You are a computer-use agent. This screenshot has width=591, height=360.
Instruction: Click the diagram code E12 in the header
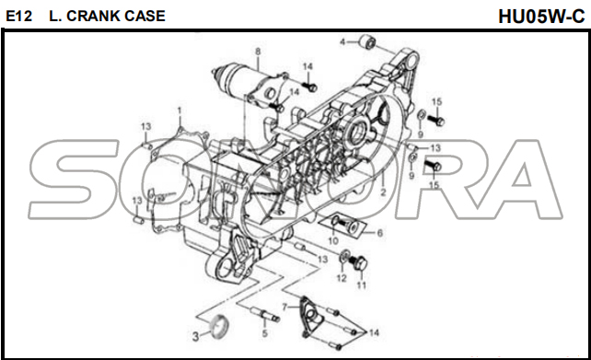point(18,16)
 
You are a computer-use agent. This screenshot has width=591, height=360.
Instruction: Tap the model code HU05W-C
point(541,17)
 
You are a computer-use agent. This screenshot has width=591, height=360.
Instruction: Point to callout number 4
point(342,41)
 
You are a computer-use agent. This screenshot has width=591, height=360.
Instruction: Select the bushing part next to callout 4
point(366,41)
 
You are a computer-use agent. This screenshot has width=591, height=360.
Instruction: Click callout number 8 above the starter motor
point(258,52)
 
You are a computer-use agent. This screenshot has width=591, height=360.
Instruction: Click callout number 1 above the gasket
point(180,110)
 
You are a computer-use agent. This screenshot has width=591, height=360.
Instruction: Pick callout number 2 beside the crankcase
point(383,192)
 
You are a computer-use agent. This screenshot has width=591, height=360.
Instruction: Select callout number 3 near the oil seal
point(195,336)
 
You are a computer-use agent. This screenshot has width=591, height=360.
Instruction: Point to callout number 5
point(264,333)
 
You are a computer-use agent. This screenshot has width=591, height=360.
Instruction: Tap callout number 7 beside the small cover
point(285,308)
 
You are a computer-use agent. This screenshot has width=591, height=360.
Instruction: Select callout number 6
point(379,233)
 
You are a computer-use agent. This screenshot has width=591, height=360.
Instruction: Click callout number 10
point(333,240)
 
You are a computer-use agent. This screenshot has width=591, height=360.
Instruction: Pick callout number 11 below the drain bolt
point(361,285)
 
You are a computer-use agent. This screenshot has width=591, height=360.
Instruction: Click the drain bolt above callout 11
point(359,262)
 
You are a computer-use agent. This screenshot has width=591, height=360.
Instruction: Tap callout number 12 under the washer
point(342,278)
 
